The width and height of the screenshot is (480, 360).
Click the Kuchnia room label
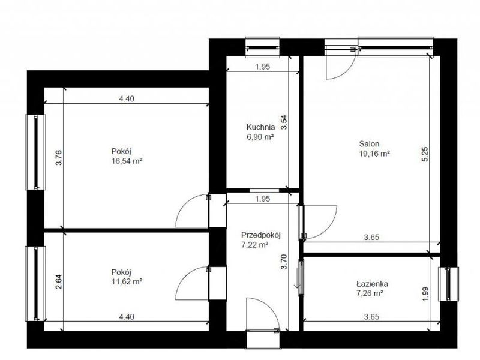pyautogui.click(x=260, y=127)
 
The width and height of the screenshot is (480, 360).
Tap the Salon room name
pyautogui.click(x=369, y=143)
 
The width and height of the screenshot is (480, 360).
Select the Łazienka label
pyautogui.click(x=372, y=283)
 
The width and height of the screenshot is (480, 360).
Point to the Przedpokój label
pyautogui.click(x=261, y=235)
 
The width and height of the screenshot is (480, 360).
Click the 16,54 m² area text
pyautogui.click(x=127, y=161)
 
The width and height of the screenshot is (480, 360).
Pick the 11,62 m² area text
pyautogui.click(x=127, y=281)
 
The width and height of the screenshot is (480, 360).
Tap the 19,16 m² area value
pyautogui.click(x=374, y=154)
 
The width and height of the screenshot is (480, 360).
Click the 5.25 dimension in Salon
pyautogui.click(x=425, y=155)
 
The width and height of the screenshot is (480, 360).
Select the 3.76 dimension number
pyautogui.click(x=59, y=157)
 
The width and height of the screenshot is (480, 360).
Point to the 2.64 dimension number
pyautogui.click(x=59, y=281)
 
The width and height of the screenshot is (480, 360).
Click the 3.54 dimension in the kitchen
pyautogui.click(x=284, y=122)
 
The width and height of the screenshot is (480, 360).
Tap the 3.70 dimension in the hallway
pyautogui.click(x=284, y=262)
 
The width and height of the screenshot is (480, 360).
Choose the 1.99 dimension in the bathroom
pyautogui.click(x=425, y=294)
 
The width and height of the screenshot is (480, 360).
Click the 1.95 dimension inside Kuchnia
pyautogui.click(x=263, y=67)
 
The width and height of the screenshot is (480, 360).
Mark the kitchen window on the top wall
pyautogui.click(x=263, y=47)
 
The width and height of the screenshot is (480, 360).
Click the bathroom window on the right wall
pyautogui.click(x=448, y=284)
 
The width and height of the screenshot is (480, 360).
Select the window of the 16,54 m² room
pyautogui.click(x=35, y=152)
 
